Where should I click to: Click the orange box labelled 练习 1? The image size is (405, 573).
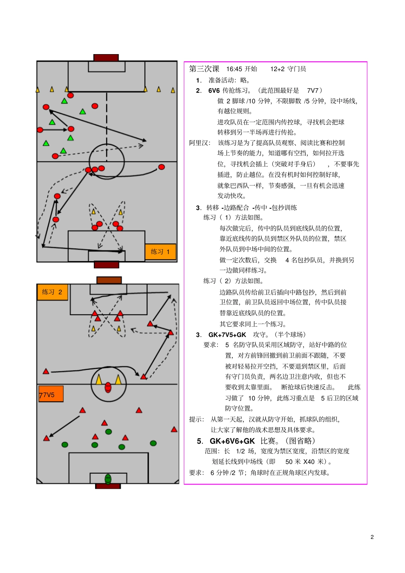[x=160, y=252]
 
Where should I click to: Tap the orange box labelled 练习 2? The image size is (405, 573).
[x=52, y=292]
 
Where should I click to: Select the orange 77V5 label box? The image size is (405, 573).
[x=51, y=394]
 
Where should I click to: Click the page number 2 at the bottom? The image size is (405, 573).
[x=372, y=537]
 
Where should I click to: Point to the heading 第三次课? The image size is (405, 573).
[x=204, y=69]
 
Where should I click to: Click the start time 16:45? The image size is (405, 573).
[x=234, y=69]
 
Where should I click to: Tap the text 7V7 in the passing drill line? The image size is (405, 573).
[x=313, y=90]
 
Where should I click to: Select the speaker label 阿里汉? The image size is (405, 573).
[x=199, y=143]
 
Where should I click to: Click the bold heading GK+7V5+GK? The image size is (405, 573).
[x=227, y=335]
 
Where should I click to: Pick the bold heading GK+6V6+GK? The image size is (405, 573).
[x=232, y=441]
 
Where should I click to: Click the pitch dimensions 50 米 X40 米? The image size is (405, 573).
[x=306, y=462]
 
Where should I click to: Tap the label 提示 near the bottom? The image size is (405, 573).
[x=197, y=419]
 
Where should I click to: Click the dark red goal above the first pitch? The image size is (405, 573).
[x=106, y=58]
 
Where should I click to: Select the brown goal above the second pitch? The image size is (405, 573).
[x=109, y=280]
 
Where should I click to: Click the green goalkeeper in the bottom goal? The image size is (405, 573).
[x=108, y=479]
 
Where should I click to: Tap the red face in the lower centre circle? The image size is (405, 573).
[x=108, y=387]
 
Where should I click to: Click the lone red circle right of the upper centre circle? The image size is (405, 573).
[x=162, y=167]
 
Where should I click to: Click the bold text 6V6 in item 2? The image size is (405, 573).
[x=214, y=90]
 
